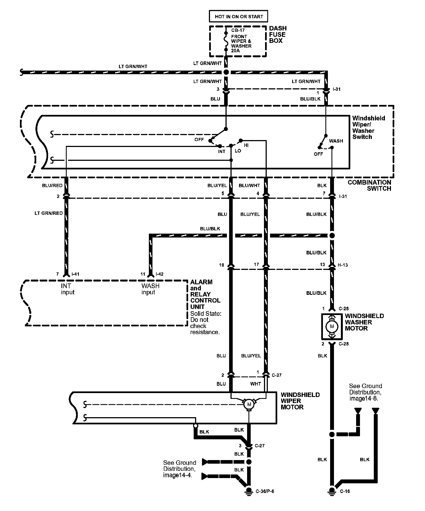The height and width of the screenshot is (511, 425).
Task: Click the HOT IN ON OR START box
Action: pyautogui.click(x=239, y=16)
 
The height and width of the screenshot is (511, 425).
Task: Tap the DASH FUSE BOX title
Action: pyautogui.click(x=278, y=34)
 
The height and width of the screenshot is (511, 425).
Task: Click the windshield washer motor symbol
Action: pyautogui.click(x=332, y=327)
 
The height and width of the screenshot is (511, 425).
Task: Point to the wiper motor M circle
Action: pyautogui.click(x=249, y=404)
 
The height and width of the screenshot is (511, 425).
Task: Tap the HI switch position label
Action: pyautogui.click(x=246, y=145)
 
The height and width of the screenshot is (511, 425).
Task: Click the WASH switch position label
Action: pyautogui.click(x=336, y=141)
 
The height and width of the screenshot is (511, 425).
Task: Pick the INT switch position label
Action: pyautogui.click(x=222, y=151)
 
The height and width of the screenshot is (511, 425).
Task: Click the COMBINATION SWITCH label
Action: pyautogui.click(x=369, y=185)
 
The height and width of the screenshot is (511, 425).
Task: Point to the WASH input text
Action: pyautogui.click(x=150, y=289)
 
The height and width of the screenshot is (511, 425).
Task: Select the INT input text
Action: pyautogui.click(x=68, y=289)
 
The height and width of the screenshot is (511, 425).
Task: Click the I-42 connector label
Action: pyautogui.click(x=159, y=274)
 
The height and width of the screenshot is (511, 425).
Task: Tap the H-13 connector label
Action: pyautogui.click(x=343, y=265)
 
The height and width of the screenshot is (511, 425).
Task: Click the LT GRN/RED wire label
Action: pyautogui.click(x=49, y=213)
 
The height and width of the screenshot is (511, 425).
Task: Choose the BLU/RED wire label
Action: pyautogui.click(x=52, y=185)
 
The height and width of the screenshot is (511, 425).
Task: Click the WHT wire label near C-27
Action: pyautogui.click(x=255, y=384)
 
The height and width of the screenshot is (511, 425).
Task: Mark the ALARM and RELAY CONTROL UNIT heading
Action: pyautogui.click(x=205, y=294)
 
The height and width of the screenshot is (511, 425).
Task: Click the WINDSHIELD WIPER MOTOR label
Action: pyautogui.click(x=300, y=401)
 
